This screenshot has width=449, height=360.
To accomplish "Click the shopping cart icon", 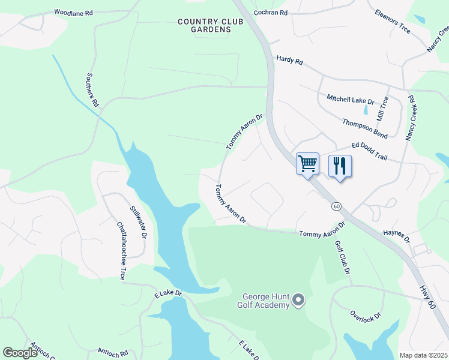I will click(x=307, y=163).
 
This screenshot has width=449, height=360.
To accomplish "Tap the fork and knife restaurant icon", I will click(x=340, y=166).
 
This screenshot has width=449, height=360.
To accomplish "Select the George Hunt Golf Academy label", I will click(x=265, y=300).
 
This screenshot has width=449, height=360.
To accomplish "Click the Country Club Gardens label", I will click(x=205, y=25).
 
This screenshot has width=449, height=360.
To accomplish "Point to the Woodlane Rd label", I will click(x=73, y=12).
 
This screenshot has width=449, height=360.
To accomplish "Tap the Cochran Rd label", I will click(x=271, y=12).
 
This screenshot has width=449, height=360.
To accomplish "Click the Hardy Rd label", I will click(x=290, y=61).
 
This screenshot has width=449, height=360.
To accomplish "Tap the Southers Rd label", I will click(x=92, y=89).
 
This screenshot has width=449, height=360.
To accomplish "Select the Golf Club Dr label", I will click(x=342, y=257).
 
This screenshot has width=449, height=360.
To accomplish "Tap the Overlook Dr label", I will click(x=366, y=315).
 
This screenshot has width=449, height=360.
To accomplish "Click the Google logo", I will click(x=20, y=352).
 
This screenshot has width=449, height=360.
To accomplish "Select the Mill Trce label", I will click(x=382, y=108).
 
